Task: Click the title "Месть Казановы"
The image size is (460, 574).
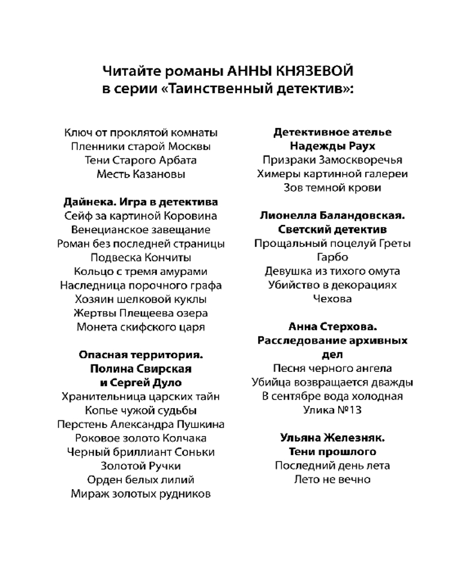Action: tap(141, 174)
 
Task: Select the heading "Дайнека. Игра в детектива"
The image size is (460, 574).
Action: tap(141, 202)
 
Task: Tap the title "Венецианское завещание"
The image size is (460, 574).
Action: tap(141, 230)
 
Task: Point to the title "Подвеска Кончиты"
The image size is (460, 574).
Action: tap(141, 257)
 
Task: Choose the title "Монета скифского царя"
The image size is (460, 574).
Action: tap(141, 327)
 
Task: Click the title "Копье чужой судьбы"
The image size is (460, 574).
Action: tap(141, 410)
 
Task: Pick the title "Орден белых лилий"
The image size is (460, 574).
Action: tap(141, 479)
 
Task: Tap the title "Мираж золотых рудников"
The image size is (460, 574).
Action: tap(141, 493)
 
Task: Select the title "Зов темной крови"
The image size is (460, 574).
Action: tap(332, 188)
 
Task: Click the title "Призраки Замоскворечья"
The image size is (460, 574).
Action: tap(332, 160)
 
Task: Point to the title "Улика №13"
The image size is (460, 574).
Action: tap(332, 410)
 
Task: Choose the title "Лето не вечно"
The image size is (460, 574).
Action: tap(332, 479)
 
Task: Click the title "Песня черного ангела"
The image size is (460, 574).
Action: tap(332, 368)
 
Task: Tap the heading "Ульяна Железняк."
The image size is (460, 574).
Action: tap(332, 437)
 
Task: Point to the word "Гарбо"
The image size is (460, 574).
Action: tap(332, 257)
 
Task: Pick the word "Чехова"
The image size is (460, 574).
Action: tap(332, 298)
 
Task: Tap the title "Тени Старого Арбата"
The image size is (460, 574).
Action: tap(141, 160)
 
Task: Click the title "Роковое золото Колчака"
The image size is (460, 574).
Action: tap(141, 437)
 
